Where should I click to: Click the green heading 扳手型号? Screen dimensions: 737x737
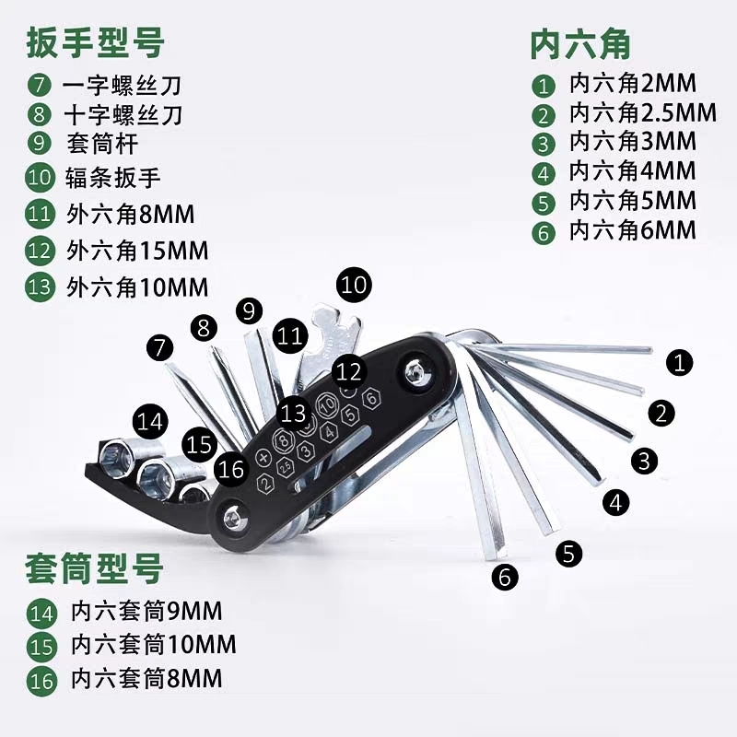tap(96, 42)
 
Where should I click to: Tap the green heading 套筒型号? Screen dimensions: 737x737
tap(95, 568)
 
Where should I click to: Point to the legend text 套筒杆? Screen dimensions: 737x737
tap(101, 145)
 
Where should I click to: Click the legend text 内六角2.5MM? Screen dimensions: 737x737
tap(642, 113)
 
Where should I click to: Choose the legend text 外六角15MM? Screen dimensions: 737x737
tap(137, 250)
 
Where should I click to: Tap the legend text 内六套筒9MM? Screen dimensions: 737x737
tap(146, 611)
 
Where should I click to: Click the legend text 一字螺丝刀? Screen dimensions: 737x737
tap(122, 86)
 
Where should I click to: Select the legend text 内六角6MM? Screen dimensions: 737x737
tap(632, 230)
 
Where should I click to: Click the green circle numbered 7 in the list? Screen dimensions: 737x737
tap(39, 86)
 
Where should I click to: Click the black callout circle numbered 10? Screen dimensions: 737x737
tap(354, 285)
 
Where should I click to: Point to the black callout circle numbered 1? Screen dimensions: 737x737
tap(679, 362)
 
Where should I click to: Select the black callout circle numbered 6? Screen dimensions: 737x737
tap(505, 578)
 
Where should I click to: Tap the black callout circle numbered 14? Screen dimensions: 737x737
tap(150, 422)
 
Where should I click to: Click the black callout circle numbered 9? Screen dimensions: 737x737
tap(249, 310)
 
